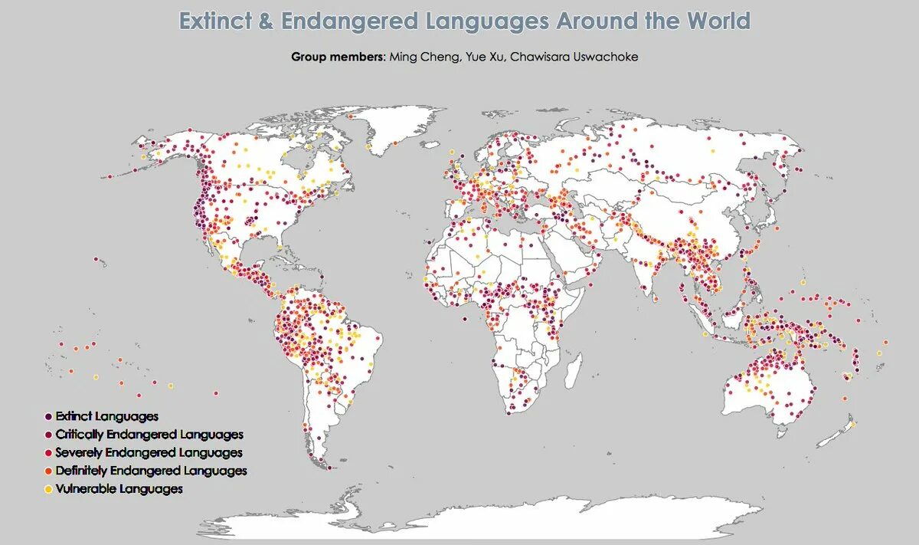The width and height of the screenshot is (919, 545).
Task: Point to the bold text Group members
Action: click(338, 57)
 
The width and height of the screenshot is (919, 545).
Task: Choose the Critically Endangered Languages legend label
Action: click(149, 435)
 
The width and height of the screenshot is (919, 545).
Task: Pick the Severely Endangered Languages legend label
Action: click(149, 453)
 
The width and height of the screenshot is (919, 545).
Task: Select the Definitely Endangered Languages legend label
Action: click(151, 471)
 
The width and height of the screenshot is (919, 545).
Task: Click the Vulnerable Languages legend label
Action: click(119, 489)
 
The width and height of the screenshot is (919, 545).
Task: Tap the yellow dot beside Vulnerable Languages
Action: click(49, 489)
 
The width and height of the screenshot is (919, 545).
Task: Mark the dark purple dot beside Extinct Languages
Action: click(49, 416)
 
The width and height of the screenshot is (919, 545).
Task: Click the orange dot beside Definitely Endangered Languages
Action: click(49, 471)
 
